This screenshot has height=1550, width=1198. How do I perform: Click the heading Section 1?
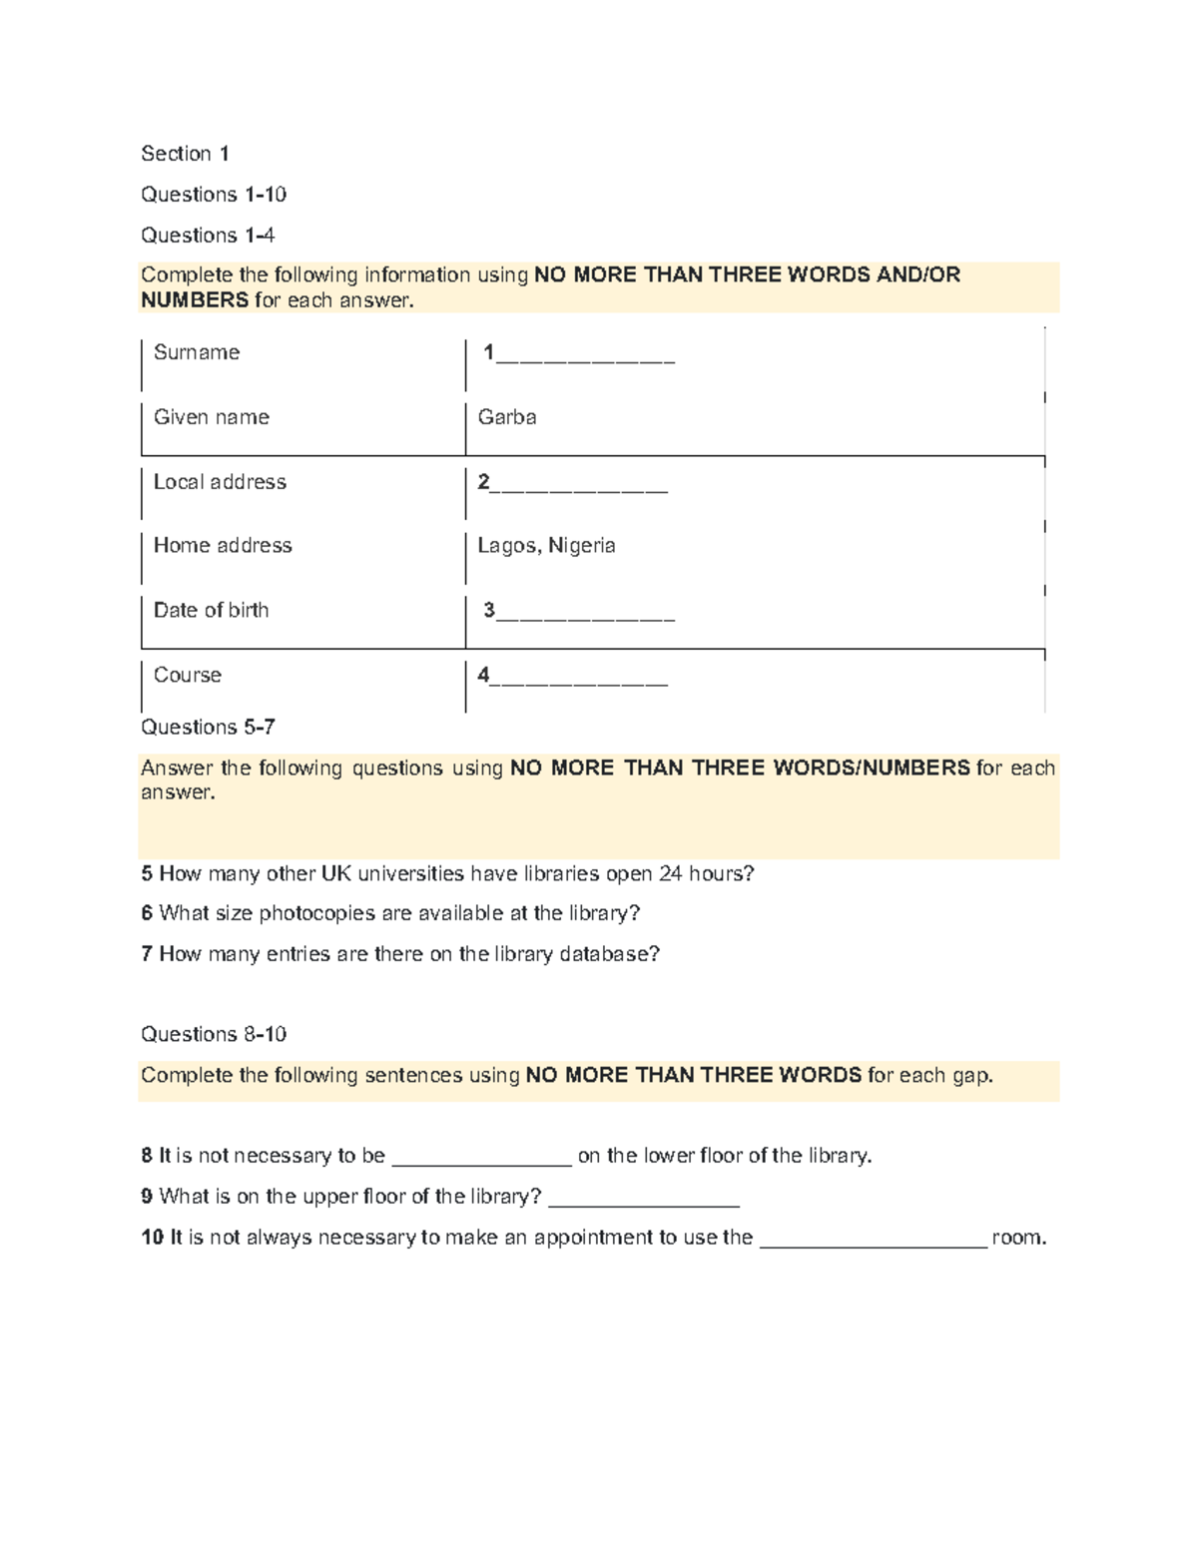[185, 154]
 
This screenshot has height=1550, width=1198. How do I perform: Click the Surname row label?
[197, 352]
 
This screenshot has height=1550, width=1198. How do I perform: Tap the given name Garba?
[507, 417]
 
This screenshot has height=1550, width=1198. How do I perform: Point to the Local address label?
[220, 482]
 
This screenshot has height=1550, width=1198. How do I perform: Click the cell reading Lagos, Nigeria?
[546, 546]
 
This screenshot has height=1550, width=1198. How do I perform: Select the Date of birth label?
[211, 610]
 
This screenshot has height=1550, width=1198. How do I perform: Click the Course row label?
[188, 675]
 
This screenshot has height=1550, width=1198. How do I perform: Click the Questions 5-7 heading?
[208, 727]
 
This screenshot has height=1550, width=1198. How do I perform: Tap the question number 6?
[147, 913]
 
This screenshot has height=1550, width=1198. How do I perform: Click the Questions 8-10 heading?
[214, 1034]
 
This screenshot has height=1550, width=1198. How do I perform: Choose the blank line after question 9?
[644, 1203]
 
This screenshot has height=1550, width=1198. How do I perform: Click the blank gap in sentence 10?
[874, 1244]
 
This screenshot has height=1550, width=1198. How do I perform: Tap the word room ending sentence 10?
[1018, 1239]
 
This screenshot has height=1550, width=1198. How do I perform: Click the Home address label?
[223, 546]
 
